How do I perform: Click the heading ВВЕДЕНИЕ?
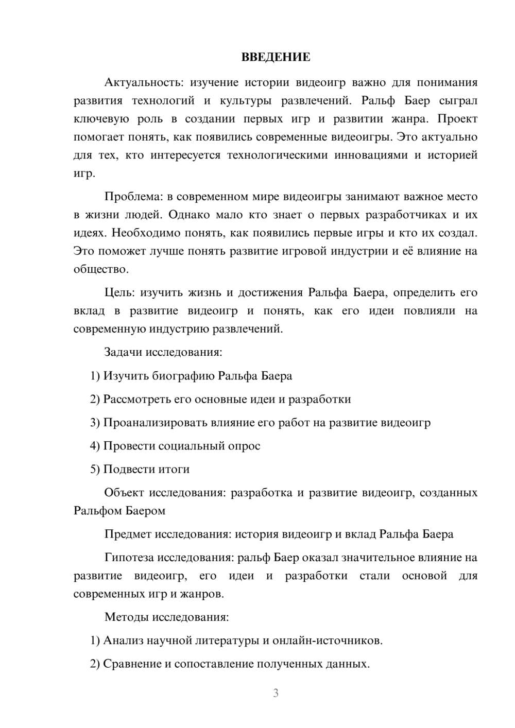click(x=276, y=57)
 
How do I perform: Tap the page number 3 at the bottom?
click(x=276, y=693)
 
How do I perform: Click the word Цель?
click(x=119, y=293)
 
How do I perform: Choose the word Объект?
click(x=124, y=493)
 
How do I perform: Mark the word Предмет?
click(x=128, y=534)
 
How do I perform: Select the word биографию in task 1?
click(x=183, y=376)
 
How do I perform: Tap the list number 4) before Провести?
click(x=95, y=446)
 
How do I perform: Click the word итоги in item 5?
click(x=175, y=470)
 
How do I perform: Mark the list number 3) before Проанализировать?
click(x=95, y=423)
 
